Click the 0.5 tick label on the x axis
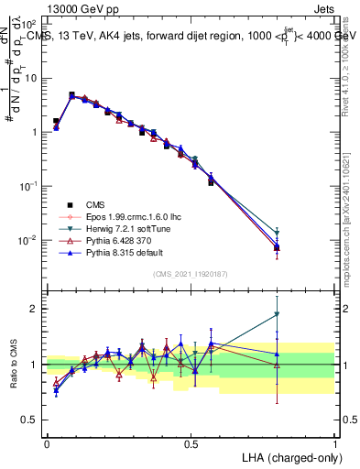(x=191, y=442)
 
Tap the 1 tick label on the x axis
(x=335, y=442)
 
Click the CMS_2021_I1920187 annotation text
(x=191, y=274)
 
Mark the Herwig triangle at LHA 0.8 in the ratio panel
(x=278, y=315)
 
